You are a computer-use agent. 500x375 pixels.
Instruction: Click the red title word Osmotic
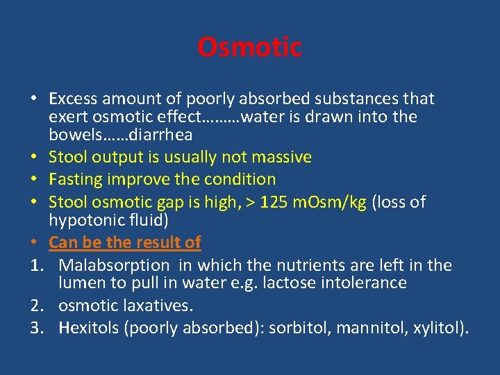pyautogui.click(x=249, y=48)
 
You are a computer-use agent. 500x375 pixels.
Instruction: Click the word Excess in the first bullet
pyautogui.click(x=73, y=99)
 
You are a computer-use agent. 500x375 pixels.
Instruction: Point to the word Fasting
pyautogui.click(x=76, y=179)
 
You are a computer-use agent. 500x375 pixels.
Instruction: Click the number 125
pyautogui.click(x=270, y=203)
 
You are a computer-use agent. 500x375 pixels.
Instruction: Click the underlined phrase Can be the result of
pyautogui.click(x=125, y=242)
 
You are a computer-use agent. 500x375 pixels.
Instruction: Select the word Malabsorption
pyautogui.click(x=114, y=265)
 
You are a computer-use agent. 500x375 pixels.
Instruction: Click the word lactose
pyautogui.click(x=299, y=283)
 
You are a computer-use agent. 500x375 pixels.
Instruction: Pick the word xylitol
pyautogui.click(x=434, y=328)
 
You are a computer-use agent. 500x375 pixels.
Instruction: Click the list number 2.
pyautogui.click(x=35, y=306)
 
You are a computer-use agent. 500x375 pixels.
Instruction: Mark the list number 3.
pyautogui.click(x=35, y=328)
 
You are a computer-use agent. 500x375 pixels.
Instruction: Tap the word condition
pyautogui.click(x=239, y=179)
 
